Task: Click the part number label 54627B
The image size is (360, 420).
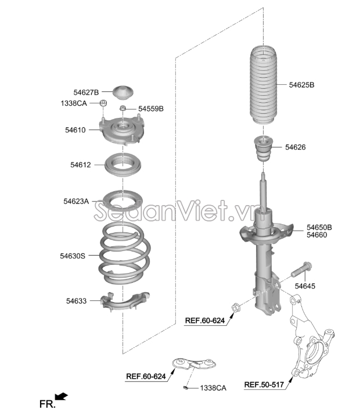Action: pyautogui.click(x=86, y=92)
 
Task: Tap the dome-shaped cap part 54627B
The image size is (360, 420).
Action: pyautogui.click(x=123, y=92)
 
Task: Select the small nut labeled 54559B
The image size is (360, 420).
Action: pyautogui.click(x=123, y=108)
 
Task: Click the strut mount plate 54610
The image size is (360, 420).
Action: pyautogui.click(x=123, y=130)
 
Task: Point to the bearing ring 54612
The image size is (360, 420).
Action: pyautogui.click(x=123, y=165)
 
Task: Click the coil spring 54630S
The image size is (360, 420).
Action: pyautogui.click(x=125, y=253)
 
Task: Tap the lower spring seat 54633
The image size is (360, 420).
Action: pyautogui.click(x=124, y=301)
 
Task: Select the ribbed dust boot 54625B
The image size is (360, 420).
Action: pyautogui.click(x=264, y=85)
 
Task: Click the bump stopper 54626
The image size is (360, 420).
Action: pyautogui.click(x=264, y=149)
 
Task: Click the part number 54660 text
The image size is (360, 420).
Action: pyautogui.click(x=316, y=235)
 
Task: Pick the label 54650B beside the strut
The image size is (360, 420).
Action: pyautogui.click(x=319, y=227)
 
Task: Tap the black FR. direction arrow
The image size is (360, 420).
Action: pyautogui.click(x=61, y=396)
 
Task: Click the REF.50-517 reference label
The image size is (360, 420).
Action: pyautogui.click(x=264, y=385)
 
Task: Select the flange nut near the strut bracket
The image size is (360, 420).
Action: pyautogui.click(x=236, y=307)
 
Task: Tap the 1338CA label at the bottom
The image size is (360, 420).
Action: pyautogui.click(x=213, y=388)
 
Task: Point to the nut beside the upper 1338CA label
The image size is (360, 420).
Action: pyautogui.click(x=103, y=103)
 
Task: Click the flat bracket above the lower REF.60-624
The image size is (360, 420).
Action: pyautogui.click(x=194, y=364)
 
